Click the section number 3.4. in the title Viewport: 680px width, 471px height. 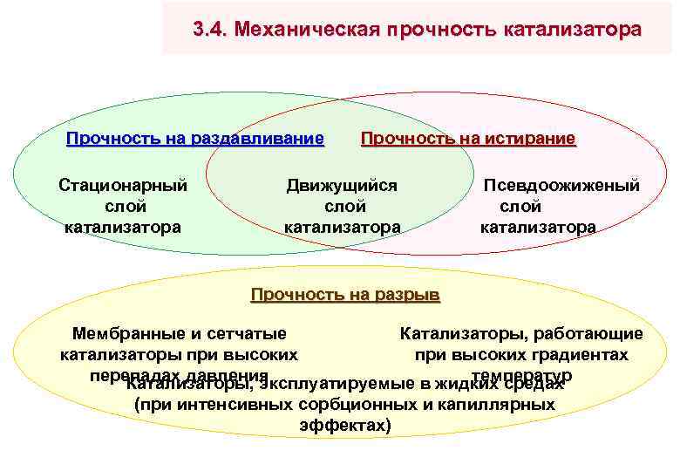[209, 30]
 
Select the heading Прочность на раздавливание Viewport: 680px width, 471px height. [195, 138]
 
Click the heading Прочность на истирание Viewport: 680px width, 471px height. [468, 138]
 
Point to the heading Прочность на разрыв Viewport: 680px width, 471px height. [345, 294]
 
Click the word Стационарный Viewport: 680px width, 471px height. [123, 185]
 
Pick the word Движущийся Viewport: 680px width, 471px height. [343, 185]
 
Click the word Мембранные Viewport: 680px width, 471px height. [126, 333]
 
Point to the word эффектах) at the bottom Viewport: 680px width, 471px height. [345, 426]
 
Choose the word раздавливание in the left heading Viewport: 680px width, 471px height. [262, 138]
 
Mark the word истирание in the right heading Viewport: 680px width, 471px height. [532, 138]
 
